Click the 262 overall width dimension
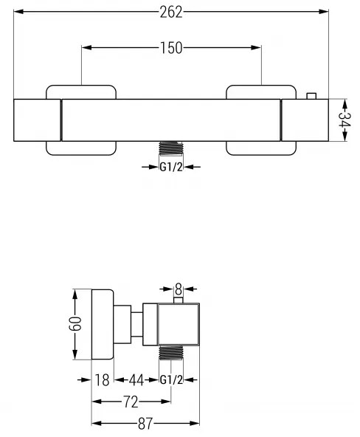coord(171,12)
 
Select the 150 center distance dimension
coord(171,48)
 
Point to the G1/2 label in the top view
coord(171,166)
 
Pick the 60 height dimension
coord(75,324)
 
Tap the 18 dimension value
coord(102,380)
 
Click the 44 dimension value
coord(136,380)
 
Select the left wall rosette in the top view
coord(81,120)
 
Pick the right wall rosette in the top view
coord(261,120)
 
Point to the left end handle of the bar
coord(38,119)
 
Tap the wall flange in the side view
coord(101,324)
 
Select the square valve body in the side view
coord(179,324)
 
